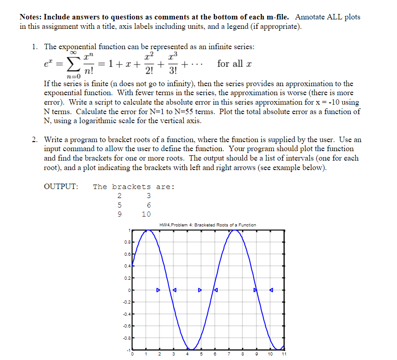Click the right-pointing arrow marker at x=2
pos(158,290)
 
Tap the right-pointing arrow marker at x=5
pos(200,290)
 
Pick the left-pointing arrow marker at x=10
pos(271,290)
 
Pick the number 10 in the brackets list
pos(146,214)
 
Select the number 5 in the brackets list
pos(119,205)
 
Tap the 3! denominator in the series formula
pos(172,71)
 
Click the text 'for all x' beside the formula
pos(234,64)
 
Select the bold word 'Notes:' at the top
pos(31,17)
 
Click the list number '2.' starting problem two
pos(35,140)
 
